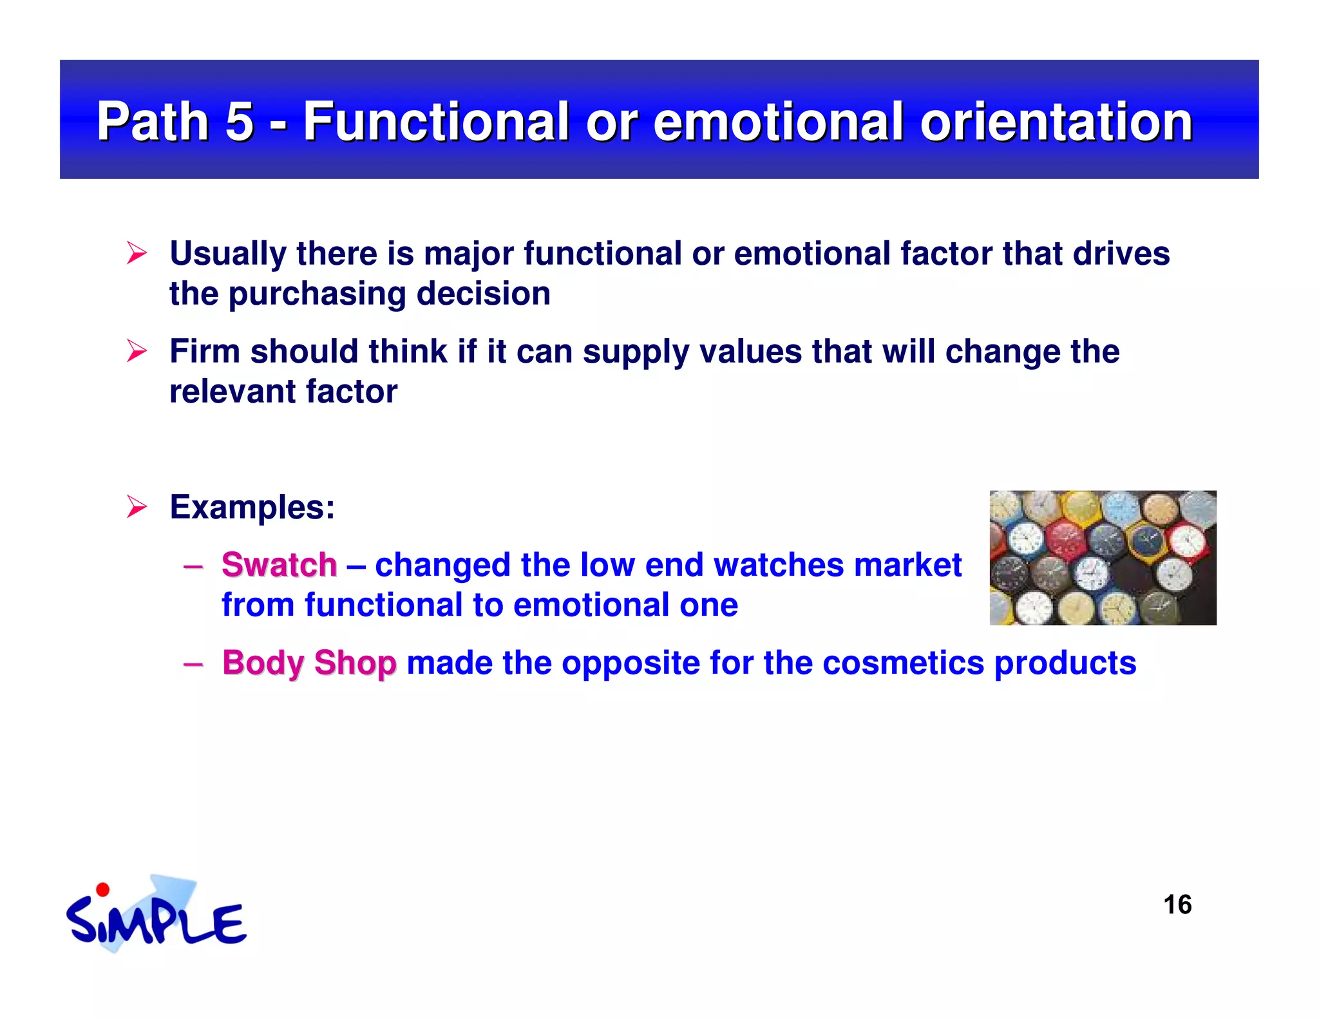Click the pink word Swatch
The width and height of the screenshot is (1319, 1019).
tap(279, 565)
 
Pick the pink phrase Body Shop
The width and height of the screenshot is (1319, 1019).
tap(309, 663)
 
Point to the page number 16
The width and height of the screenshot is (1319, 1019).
tap(1177, 905)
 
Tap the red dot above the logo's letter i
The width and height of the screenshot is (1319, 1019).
tap(102, 890)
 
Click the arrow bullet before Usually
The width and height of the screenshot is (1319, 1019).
tap(137, 253)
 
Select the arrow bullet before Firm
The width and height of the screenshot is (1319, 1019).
tap(137, 351)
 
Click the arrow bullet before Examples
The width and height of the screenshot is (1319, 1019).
tap(137, 507)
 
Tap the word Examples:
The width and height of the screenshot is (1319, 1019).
tap(252, 507)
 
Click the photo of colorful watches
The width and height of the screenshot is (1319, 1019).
tap(1103, 557)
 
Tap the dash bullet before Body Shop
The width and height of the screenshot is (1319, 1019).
tap(193, 663)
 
